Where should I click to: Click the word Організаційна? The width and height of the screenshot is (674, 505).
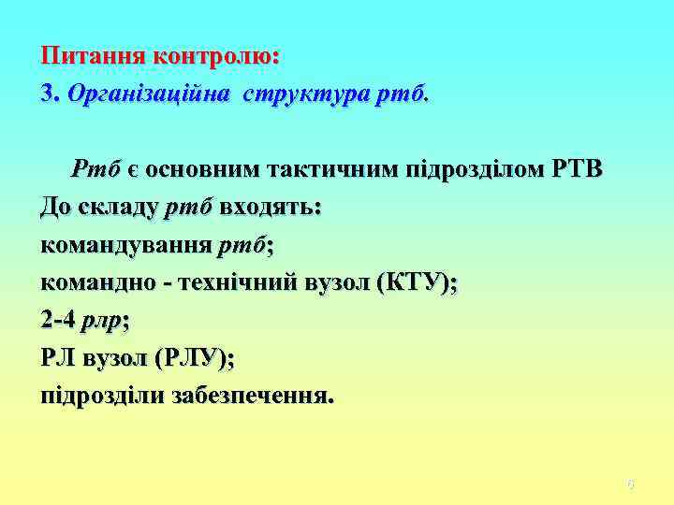coord(148,94)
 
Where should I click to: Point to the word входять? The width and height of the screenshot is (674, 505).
coord(271,208)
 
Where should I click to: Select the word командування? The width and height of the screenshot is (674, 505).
coord(125,246)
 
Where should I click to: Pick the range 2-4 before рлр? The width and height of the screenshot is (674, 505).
coord(59,321)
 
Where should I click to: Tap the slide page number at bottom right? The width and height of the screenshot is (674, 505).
coord(631,484)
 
